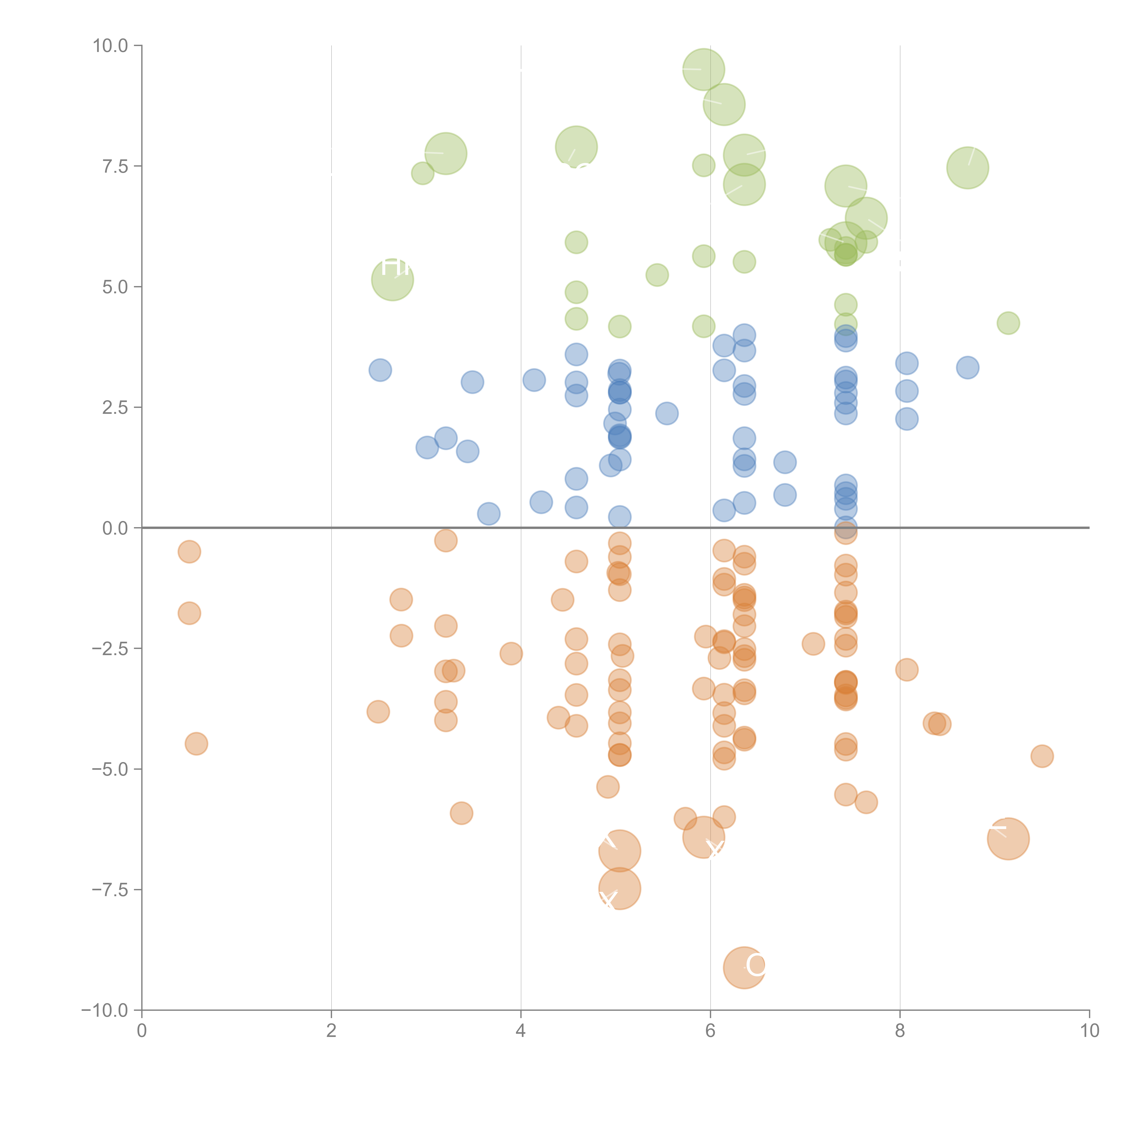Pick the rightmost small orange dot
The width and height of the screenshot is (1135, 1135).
coord(1042,756)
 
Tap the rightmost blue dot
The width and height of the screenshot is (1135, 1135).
coord(967,368)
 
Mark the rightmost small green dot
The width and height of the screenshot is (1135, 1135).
coord(1008,323)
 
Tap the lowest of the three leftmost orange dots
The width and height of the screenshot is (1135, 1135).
coord(196,744)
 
